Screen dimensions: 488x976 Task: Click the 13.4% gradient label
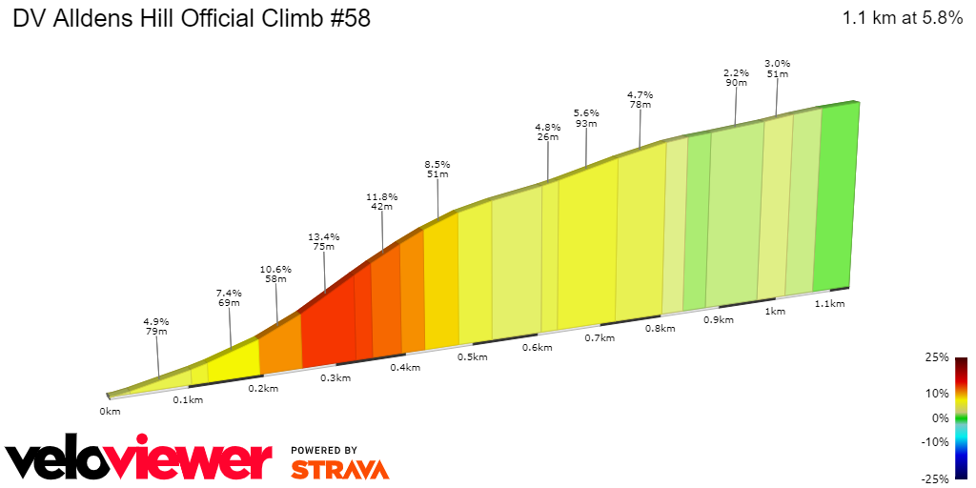(x=324, y=236)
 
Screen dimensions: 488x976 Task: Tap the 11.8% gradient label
(x=382, y=197)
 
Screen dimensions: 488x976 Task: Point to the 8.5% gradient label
(x=437, y=164)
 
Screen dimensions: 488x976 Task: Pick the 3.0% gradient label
(x=777, y=64)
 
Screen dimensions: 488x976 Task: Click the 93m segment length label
(x=585, y=123)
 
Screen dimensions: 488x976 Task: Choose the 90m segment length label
(x=735, y=83)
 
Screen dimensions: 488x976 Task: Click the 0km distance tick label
(x=110, y=412)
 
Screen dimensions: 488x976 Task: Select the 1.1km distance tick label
(x=829, y=303)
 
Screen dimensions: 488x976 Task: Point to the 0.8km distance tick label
(x=660, y=329)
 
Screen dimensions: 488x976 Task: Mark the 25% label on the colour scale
(x=937, y=357)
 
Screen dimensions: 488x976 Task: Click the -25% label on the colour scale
(x=935, y=478)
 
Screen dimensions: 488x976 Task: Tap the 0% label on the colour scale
(x=941, y=417)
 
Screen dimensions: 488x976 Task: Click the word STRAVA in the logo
(x=339, y=469)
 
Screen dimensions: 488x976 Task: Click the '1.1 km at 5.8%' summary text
(x=902, y=18)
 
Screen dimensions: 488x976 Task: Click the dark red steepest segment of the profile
(x=328, y=329)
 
